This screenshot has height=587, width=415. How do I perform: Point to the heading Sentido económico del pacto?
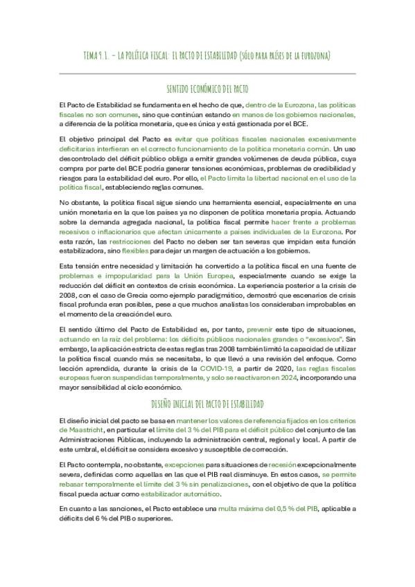pos(208,89)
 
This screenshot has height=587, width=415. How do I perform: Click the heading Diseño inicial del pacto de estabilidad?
pos(208,403)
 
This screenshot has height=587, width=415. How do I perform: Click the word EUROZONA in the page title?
pos(315,55)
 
